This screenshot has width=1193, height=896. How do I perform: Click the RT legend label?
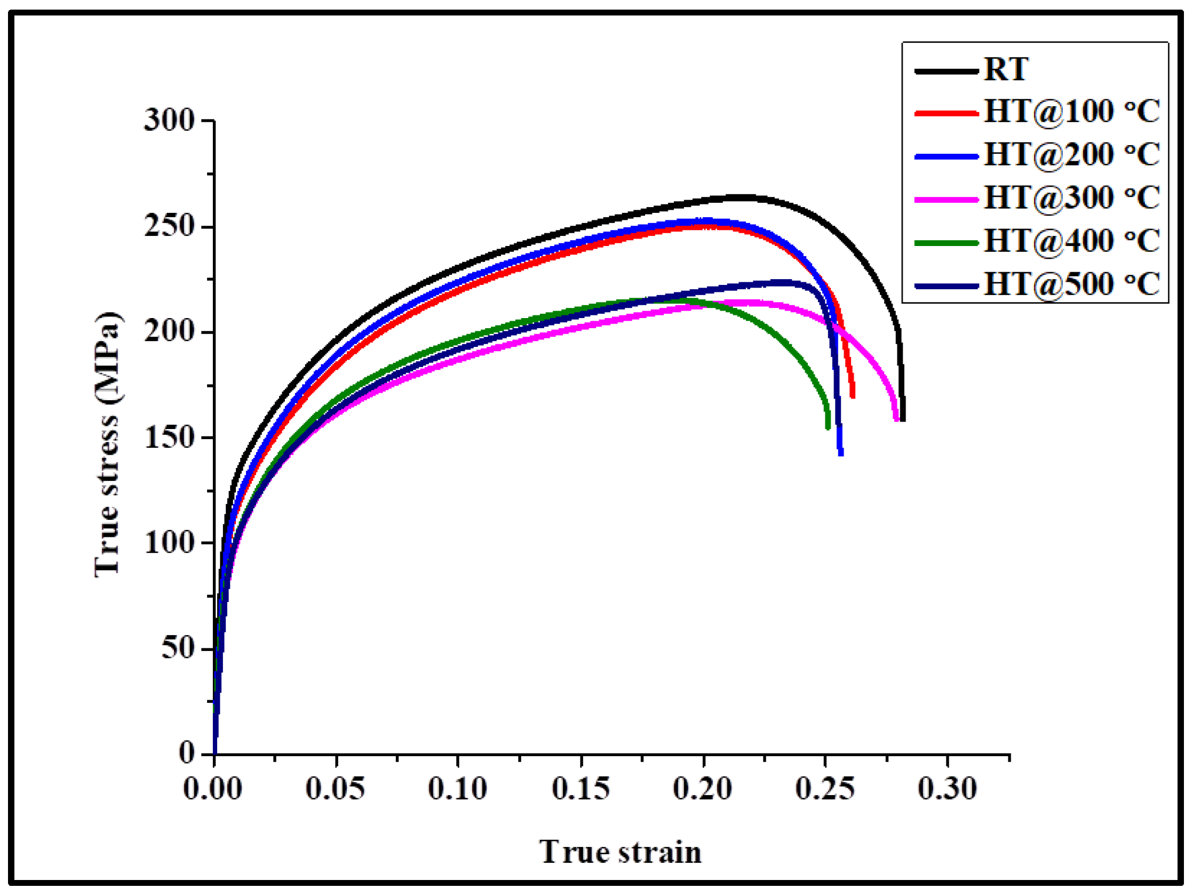pos(1006,69)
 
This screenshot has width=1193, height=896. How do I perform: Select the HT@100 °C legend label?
pos(1072,112)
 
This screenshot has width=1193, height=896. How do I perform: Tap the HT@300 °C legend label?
pos(1072,198)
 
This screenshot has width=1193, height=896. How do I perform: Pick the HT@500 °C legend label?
pos(1072,284)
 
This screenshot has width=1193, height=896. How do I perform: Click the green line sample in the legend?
pos(947,243)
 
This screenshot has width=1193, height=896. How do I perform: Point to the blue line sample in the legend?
pos(947,157)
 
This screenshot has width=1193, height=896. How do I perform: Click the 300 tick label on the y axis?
pos(169,120)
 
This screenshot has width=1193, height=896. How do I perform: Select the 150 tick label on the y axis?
pos(169,438)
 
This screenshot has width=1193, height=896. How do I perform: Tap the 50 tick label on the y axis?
pos(178,648)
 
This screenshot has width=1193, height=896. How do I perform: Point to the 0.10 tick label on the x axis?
pos(457,789)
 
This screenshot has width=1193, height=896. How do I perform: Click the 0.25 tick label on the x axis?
pos(825,789)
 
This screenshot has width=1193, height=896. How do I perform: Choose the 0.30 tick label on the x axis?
pos(948,789)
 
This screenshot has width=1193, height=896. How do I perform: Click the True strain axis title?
pos(620,853)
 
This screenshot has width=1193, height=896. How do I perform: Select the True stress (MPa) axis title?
pos(107,445)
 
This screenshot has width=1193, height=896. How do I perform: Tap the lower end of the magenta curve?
pos(896,419)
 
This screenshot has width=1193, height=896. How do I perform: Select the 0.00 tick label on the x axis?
pos(212,789)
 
